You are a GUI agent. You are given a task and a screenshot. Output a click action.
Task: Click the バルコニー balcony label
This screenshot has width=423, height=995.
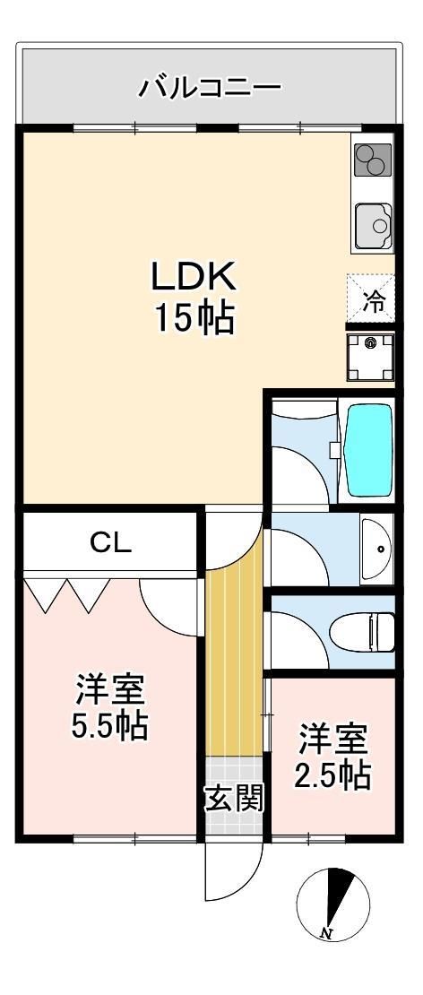210,88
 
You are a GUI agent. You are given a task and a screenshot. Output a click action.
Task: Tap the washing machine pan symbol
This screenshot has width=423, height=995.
371,355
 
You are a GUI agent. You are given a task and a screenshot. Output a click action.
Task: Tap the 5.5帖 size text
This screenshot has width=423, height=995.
110,725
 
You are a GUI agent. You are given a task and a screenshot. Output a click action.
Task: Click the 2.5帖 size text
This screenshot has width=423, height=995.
333,774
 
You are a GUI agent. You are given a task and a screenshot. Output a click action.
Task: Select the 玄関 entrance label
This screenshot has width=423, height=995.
235,797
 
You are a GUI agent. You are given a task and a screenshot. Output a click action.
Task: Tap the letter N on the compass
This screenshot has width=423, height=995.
324,934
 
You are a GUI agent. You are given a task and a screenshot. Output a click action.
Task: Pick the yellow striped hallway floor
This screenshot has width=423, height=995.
235,663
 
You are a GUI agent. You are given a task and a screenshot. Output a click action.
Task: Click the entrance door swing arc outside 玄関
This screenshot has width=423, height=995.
224,874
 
